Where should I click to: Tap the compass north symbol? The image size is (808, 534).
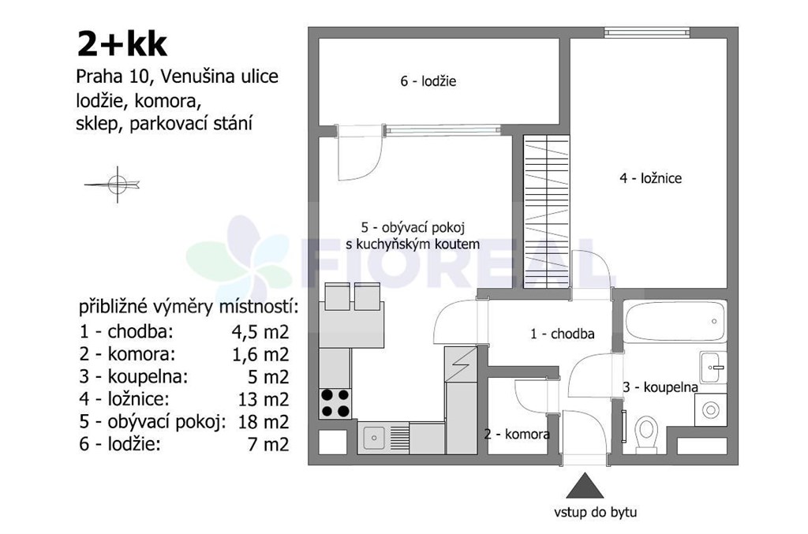[x=114, y=184]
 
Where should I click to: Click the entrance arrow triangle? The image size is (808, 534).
[x=585, y=486]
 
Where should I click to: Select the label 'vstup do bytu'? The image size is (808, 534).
[x=595, y=513]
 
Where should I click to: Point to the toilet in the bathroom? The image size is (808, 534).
[x=646, y=435]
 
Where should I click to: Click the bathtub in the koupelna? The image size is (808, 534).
[x=675, y=321]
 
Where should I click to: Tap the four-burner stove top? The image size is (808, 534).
[x=335, y=403]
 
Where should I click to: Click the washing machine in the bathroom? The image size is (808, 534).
[x=711, y=410]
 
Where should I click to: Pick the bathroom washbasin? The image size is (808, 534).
[x=713, y=367]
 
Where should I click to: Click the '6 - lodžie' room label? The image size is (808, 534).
[x=428, y=81]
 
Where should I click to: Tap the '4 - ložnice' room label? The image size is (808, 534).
[x=650, y=178]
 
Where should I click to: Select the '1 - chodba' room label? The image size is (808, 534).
[x=562, y=334]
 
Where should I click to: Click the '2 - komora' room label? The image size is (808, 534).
[x=517, y=434]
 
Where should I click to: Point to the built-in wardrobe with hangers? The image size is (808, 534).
[x=547, y=211]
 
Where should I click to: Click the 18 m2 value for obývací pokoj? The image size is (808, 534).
[x=264, y=422]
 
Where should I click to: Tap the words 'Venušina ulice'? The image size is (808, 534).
[x=220, y=77]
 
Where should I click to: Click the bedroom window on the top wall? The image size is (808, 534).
[x=647, y=32]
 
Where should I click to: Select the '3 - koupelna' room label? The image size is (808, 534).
[x=660, y=387]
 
